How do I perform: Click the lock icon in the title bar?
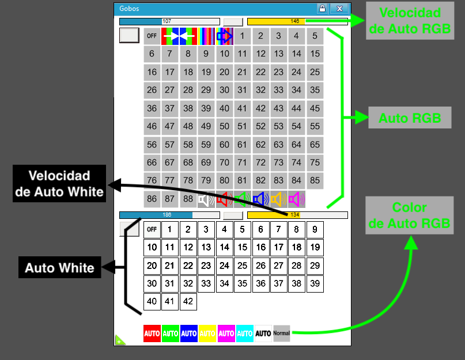tap(322, 9)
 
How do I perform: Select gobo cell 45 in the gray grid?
tap(314, 108)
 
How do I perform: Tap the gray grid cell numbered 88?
tap(188, 199)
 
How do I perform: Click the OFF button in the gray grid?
tap(152, 36)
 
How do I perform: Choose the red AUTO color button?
tap(152, 334)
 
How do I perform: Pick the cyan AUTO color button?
tap(245, 334)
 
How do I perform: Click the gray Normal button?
tap(282, 334)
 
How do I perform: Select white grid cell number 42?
tap(188, 301)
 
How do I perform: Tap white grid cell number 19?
tap(315, 248)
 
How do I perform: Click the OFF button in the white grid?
tap(152, 229)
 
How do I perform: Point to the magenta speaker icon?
tap(296, 199)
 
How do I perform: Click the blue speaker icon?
tap(260, 199)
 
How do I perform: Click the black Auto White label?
tap(60, 268)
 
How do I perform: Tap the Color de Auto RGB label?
tap(409, 215)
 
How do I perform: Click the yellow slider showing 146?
tap(297, 21)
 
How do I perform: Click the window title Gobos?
tap(129, 9)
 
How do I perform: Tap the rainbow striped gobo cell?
tap(206, 36)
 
